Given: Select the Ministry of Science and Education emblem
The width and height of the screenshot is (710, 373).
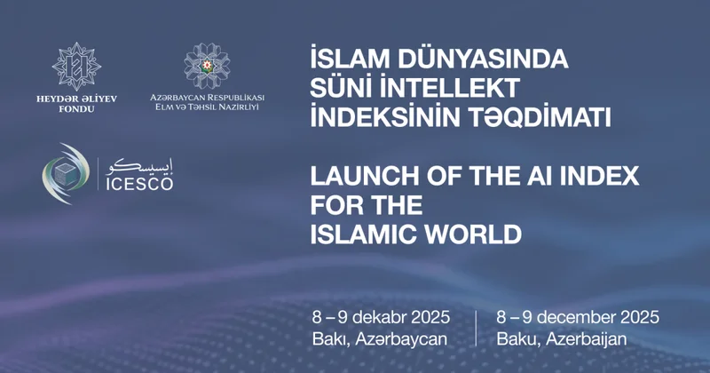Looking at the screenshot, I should (206, 65).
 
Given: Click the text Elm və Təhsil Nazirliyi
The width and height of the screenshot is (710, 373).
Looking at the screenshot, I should (206, 107).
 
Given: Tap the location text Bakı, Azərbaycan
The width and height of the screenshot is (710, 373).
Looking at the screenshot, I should (379, 338).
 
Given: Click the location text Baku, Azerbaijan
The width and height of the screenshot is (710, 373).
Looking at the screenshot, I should (562, 338).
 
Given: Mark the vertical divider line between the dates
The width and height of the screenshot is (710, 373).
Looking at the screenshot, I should (476, 328).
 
